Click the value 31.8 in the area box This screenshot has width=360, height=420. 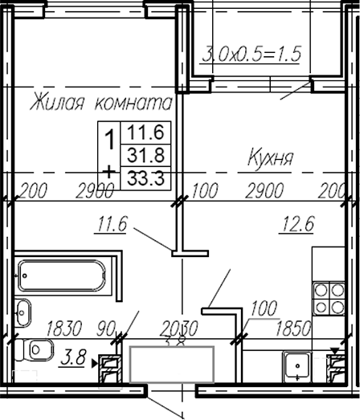(x=141, y=153)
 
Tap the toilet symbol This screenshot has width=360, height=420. (x=36, y=351)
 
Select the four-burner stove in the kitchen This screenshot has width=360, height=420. (x=326, y=298)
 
